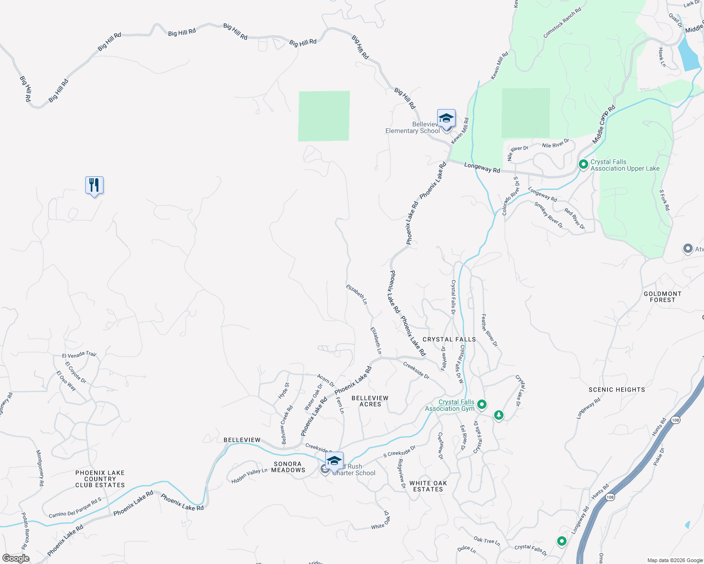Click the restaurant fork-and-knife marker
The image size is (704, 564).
(94, 185)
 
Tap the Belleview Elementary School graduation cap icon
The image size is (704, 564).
(446, 118)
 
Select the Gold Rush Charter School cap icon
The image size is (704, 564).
(334, 461)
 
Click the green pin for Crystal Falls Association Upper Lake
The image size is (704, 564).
(584, 164)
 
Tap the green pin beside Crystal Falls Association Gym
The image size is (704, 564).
(481, 404)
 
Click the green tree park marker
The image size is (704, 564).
(498, 415)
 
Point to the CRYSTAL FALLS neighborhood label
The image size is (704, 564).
(449, 339)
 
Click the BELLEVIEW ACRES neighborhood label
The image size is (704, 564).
(370, 401)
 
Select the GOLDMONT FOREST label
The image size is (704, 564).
(662, 297)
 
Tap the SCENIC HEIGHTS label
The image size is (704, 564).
(616, 390)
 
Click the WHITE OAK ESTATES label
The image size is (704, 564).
(428, 486)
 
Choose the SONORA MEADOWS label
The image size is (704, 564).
(288, 467)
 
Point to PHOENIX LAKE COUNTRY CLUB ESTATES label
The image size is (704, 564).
(100, 479)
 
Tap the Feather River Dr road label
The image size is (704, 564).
(489, 330)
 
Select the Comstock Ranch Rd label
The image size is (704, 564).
(562, 23)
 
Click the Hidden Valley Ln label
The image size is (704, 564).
(249, 476)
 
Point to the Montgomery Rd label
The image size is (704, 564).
(40, 468)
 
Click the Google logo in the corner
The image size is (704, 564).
(16, 558)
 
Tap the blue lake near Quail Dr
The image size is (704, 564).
(688, 53)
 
